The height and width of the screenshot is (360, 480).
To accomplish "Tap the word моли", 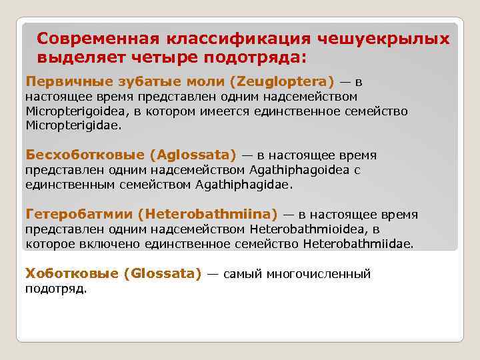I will point(204,82).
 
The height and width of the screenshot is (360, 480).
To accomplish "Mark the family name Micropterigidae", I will point(73,125).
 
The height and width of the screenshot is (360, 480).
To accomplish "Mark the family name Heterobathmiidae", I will point(357,244).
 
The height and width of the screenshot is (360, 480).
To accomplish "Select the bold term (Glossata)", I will point(162,274).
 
